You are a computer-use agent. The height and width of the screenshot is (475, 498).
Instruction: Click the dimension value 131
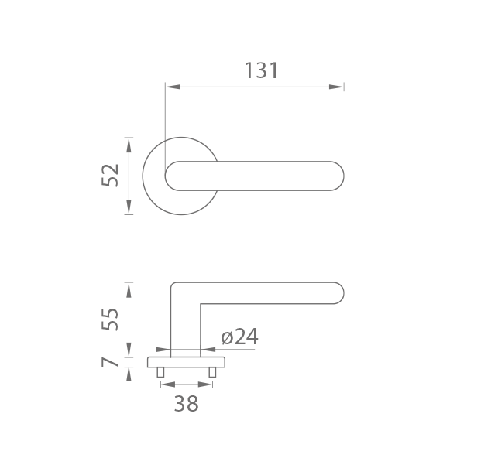[x=261, y=70]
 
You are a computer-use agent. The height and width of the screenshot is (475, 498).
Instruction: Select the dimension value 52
[x=110, y=175]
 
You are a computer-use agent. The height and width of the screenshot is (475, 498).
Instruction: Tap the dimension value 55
[x=110, y=320]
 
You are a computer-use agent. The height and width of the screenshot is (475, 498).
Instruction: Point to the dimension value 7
[x=109, y=362]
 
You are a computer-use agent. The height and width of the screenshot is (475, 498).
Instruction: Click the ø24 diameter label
[x=239, y=337]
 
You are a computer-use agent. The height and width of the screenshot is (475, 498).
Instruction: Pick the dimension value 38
[x=187, y=404]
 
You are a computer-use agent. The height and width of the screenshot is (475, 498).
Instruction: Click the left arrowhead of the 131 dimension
[x=173, y=87]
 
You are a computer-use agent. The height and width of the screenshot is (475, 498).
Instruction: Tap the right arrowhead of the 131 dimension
[x=337, y=87]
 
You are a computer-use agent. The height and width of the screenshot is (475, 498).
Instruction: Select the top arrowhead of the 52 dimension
[x=129, y=145]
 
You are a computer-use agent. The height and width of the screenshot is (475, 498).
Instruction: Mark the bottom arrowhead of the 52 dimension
[x=129, y=207]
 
